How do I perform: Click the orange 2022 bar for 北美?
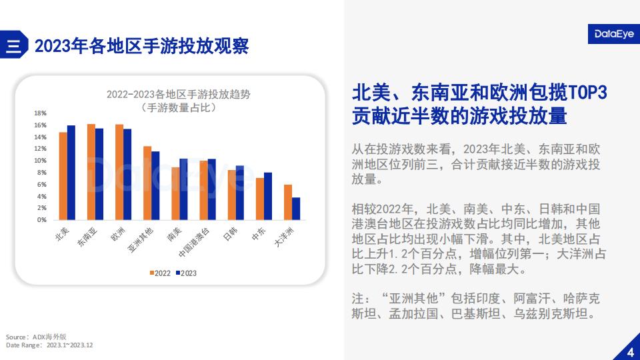coord(63,176)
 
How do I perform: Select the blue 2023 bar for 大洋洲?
coord(296,209)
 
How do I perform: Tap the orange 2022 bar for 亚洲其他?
coord(147,183)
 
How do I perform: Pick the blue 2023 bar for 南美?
coord(184,189)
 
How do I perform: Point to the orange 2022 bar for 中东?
coord(260,199)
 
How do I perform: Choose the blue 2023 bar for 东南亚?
coord(99,174)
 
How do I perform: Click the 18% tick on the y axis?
coord(41,113)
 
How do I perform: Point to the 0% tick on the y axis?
coord(42,219)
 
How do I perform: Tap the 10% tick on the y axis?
coord(41,161)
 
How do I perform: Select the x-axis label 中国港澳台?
coord(194,243)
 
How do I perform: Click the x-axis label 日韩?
coord(230,234)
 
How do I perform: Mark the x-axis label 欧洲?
coord(118,234)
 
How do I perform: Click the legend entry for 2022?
coord(160,273)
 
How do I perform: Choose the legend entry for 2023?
coord(186,273)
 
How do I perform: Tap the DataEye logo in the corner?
coord(614,34)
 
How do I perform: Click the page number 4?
coord(631,352)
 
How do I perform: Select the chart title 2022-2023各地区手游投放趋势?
coord(179,94)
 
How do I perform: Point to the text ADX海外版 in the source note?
coord(49,337)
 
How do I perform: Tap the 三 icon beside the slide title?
coord(13,45)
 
